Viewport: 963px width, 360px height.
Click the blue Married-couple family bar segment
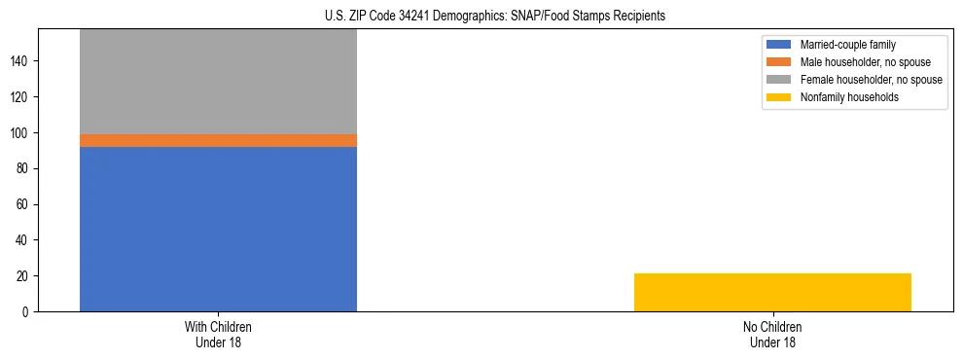point(218,229)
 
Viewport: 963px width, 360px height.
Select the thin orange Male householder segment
point(218,140)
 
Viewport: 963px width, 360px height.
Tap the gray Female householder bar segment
point(218,82)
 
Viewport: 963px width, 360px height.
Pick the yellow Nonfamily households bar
point(772,292)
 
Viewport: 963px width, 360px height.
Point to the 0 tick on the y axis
point(27,312)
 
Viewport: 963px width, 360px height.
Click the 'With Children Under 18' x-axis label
point(218,334)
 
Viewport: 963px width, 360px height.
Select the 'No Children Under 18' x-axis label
point(772,334)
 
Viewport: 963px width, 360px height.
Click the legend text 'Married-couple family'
point(848,45)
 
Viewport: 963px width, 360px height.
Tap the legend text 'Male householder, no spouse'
point(864,62)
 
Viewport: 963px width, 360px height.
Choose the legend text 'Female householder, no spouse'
point(871,80)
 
